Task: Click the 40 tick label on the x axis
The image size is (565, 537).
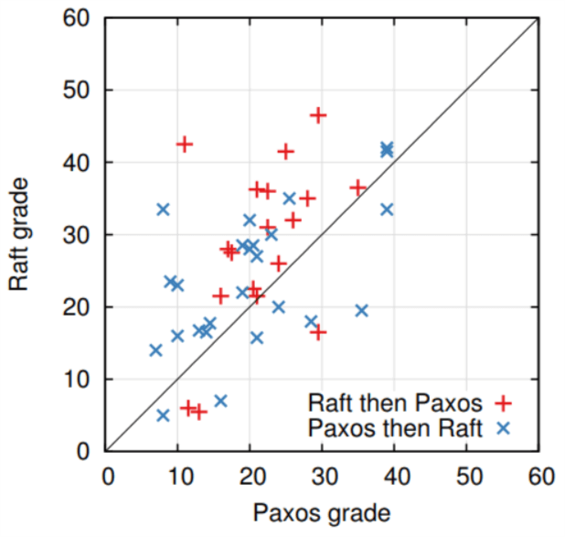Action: coord(396,476)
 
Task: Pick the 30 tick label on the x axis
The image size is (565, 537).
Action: coord(324,476)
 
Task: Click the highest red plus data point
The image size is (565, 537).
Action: coord(318,115)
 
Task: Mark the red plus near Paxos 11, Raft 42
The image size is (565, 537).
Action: coord(185,145)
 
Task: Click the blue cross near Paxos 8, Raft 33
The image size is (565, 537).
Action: coord(163,209)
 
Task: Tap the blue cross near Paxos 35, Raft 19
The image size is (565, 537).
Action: coord(361,310)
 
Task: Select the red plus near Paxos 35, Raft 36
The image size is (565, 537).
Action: coord(357,188)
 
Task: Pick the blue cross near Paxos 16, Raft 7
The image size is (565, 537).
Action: coord(220,401)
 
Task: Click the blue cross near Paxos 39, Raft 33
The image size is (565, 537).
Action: coord(387,209)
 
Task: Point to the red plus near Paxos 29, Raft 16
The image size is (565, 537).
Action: coord(318,332)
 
